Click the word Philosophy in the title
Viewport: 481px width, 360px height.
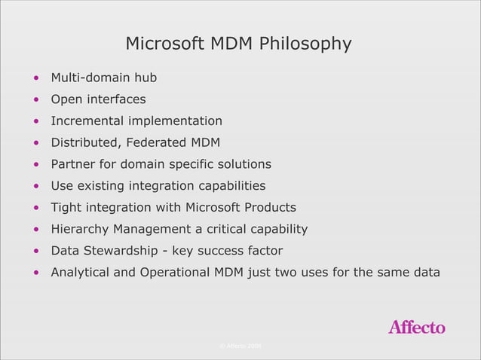[305, 44]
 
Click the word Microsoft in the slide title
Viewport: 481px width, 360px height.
[163, 44]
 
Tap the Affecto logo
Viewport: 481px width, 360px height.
[416, 327]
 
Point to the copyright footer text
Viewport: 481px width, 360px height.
[240, 346]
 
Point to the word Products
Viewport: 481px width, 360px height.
[270, 207]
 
